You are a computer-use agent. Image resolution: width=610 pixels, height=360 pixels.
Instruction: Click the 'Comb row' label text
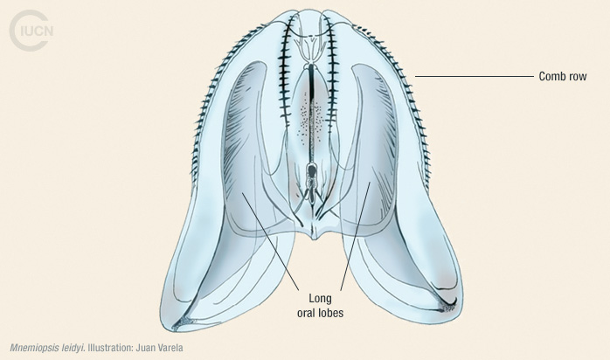coord(560,77)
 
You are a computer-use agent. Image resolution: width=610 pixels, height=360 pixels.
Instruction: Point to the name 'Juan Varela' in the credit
coord(159,349)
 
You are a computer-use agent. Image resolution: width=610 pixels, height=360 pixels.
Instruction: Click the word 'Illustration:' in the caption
coord(110,349)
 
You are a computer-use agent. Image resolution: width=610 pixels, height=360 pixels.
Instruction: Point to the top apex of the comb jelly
coord(305,10)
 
